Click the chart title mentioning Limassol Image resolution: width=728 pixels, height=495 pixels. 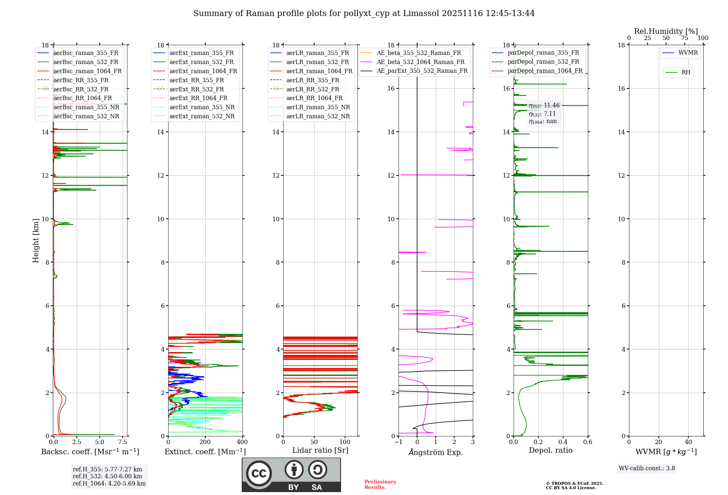click(x=364, y=13)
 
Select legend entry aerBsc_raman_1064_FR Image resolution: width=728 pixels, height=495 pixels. click(x=87, y=71)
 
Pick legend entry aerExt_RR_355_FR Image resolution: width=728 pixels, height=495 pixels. click(x=197, y=80)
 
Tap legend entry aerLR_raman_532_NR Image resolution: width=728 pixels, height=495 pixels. click(x=318, y=116)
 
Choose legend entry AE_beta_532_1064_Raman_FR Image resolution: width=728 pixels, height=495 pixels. click(x=420, y=62)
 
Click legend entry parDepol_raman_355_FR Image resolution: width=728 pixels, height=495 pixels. click(x=543, y=53)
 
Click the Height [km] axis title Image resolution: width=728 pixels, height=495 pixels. click(x=36, y=241)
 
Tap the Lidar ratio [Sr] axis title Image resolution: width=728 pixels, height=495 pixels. click(x=320, y=450)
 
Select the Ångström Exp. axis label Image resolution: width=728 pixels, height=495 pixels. click(x=436, y=452)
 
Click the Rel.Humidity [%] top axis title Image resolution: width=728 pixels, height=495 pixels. click(x=666, y=31)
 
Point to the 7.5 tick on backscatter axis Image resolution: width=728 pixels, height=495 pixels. click(x=123, y=442)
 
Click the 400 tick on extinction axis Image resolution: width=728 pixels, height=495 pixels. click(x=242, y=442)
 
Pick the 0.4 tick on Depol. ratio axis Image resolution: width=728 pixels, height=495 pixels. click(x=563, y=442)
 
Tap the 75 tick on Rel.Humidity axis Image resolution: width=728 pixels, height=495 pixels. click(x=685, y=38)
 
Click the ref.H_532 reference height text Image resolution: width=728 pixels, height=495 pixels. click(x=107, y=476)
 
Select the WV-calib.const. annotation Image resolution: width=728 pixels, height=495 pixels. click(x=647, y=468)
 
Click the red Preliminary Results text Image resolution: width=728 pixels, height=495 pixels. click(x=380, y=484)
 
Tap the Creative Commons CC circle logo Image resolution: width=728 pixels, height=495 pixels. click(x=259, y=474)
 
